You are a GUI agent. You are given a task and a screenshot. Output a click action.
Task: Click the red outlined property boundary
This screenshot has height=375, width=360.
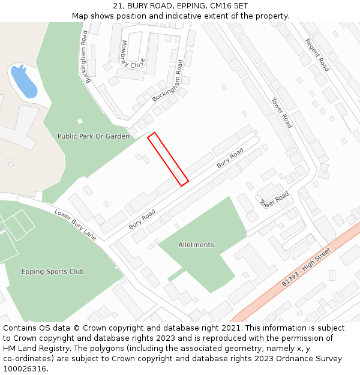click(x=168, y=158)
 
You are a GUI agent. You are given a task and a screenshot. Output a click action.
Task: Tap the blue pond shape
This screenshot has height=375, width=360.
click(x=25, y=82)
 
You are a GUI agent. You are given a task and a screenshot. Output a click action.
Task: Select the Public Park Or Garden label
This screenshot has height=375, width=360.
click(x=93, y=136)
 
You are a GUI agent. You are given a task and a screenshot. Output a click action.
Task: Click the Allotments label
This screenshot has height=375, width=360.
click(x=196, y=245)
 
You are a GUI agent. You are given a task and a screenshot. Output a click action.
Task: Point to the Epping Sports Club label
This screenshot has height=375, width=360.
click(x=53, y=271)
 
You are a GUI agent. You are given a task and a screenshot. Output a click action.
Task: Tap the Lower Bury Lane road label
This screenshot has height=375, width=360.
click(x=76, y=224)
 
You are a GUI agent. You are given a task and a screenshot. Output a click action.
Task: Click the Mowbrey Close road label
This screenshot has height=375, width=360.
click(x=133, y=55)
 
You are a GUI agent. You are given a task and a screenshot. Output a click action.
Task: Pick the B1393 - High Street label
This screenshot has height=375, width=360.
click(x=306, y=266)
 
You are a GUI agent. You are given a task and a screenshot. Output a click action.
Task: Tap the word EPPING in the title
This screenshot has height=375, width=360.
click(x=184, y=6)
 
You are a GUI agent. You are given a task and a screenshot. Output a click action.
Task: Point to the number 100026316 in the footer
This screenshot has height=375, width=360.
click(x=25, y=368)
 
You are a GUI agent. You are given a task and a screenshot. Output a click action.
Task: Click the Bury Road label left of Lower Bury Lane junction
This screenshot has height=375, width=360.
click(x=142, y=219)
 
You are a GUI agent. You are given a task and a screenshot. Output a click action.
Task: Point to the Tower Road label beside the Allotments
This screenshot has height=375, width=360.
click(x=274, y=200)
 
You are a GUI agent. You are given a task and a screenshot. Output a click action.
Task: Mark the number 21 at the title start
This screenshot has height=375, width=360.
click(x=118, y=6)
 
